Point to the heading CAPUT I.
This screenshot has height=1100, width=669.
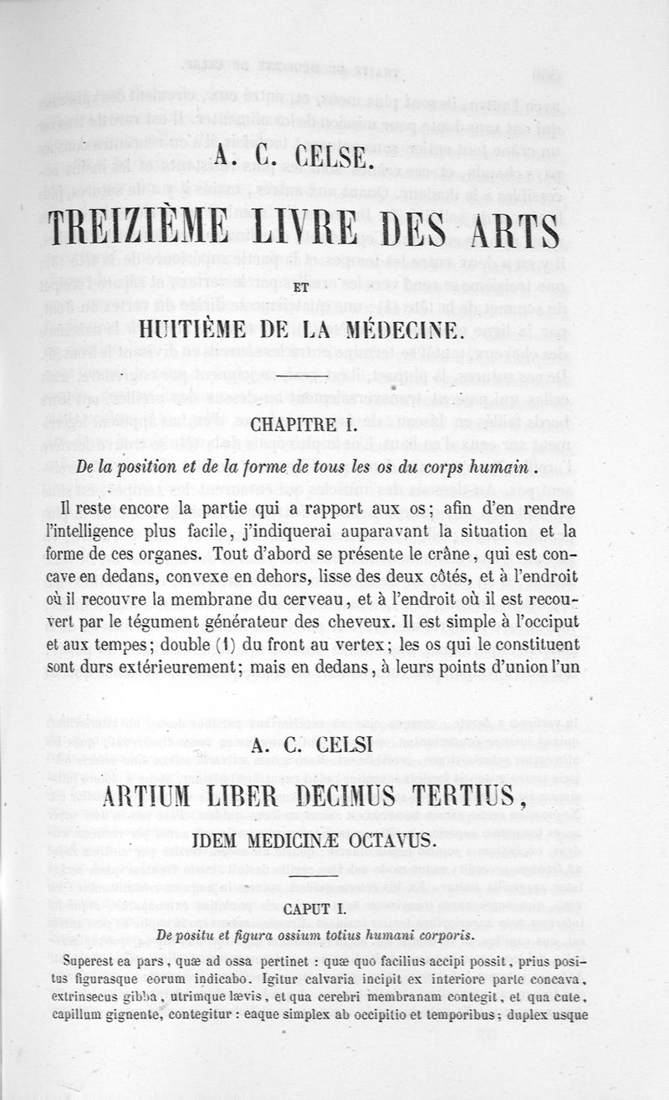[x=335, y=908]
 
